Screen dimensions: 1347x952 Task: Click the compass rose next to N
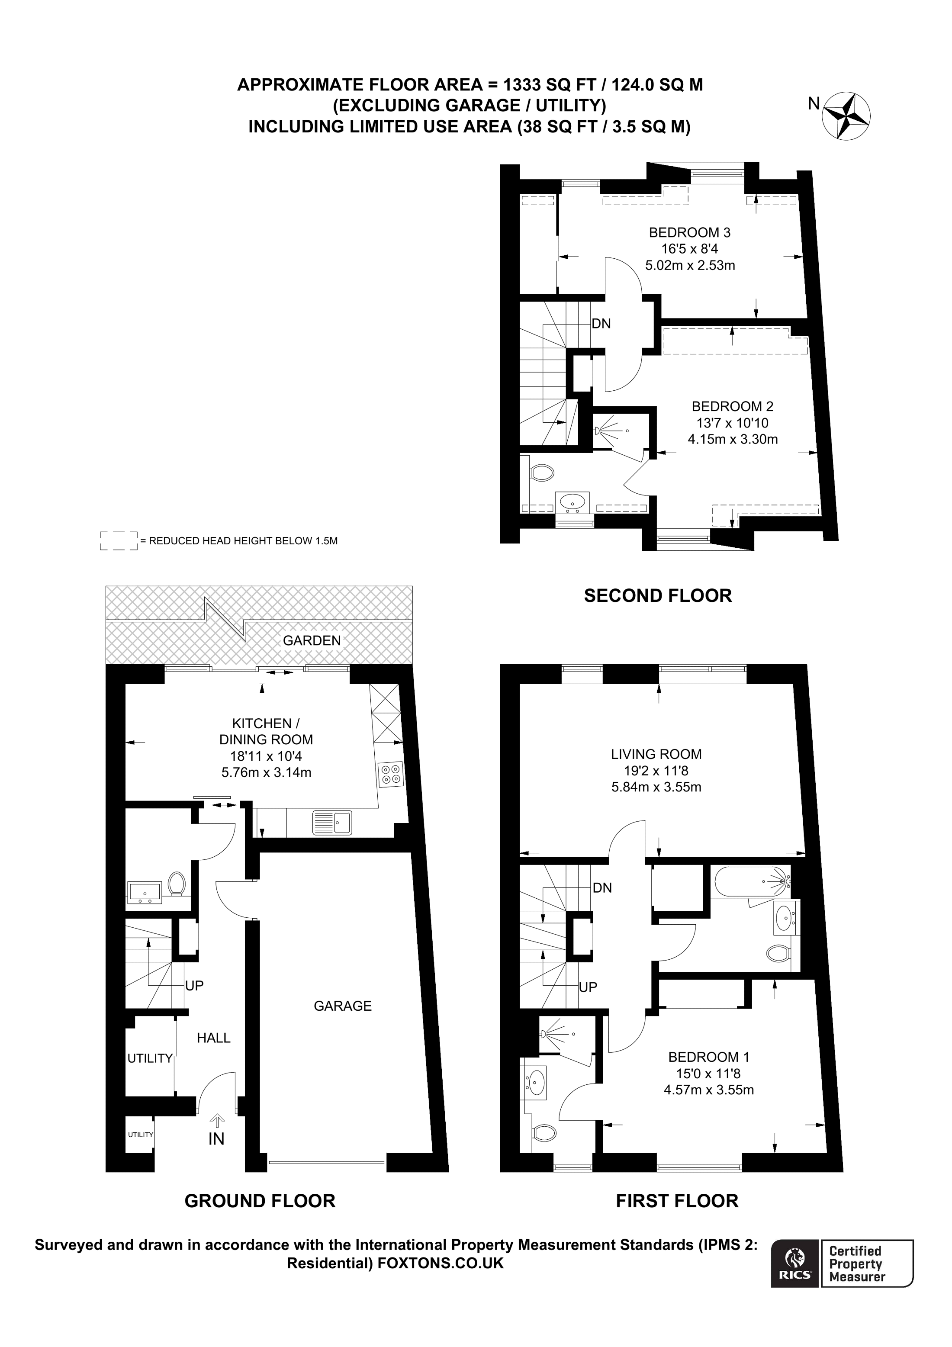(846, 116)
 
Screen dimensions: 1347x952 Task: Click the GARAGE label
(343, 1006)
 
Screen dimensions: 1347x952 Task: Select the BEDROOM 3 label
(689, 232)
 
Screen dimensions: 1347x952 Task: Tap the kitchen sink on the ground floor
(332, 822)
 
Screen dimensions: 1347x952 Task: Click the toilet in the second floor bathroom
(543, 472)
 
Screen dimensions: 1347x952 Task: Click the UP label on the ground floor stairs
(194, 986)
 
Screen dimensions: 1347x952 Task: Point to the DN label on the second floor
(601, 323)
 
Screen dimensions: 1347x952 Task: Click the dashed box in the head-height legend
(119, 540)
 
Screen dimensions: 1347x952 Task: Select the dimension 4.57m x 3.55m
(708, 1090)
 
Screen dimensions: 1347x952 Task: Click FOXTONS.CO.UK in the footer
(441, 1263)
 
